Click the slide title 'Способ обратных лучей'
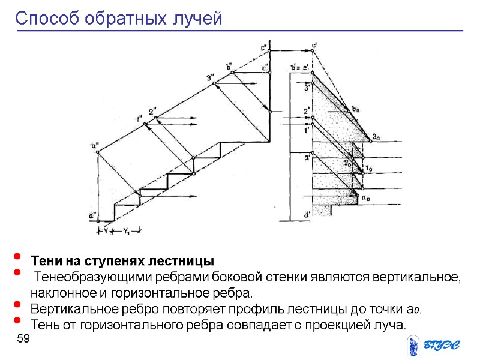point(119,19)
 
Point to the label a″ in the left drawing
point(95,144)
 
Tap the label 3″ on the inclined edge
point(210,77)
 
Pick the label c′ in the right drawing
point(314,46)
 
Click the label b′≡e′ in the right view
point(300,67)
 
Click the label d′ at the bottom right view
point(307,214)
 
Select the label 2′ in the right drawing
point(307,111)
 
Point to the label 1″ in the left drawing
point(139,118)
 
